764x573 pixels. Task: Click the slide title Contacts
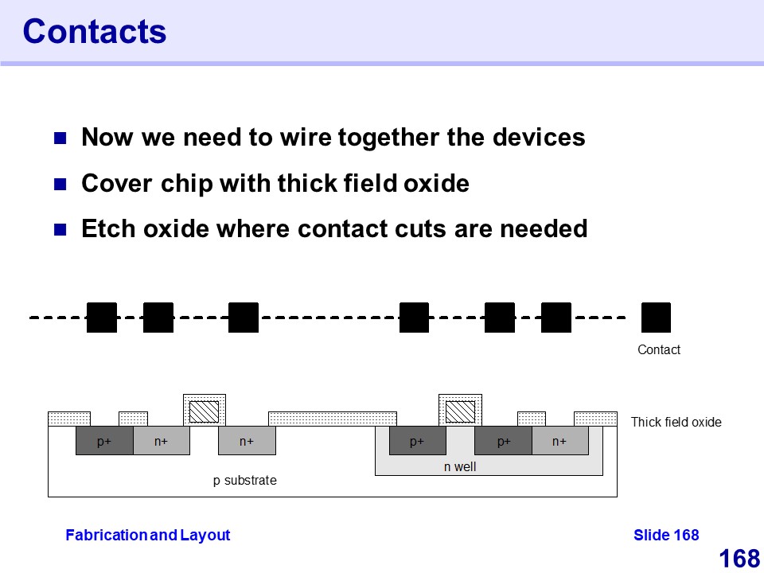[x=94, y=32]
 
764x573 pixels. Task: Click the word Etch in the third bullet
[x=108, y=229]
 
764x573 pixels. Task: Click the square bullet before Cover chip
[x=60, y=185]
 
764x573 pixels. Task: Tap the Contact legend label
[x=659, y=349]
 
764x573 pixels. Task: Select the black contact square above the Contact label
[x=656, y=318]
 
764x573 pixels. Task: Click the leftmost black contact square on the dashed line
[x=102, y=318]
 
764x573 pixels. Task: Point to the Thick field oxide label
[x=676, y=422]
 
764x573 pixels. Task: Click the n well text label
[x=460, y=467]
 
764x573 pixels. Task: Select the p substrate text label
[x=245, y=481]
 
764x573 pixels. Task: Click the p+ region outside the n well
[x=104, y=442]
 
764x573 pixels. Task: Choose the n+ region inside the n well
[x=559, y=442]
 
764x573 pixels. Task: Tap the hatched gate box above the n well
[x=460, y=411]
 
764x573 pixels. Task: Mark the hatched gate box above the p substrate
[x=205, y=411]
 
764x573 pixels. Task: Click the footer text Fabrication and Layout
[x=147, y=536]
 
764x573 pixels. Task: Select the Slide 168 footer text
[x=666, y=536]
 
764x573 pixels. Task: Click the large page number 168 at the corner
[x=739, y=559]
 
